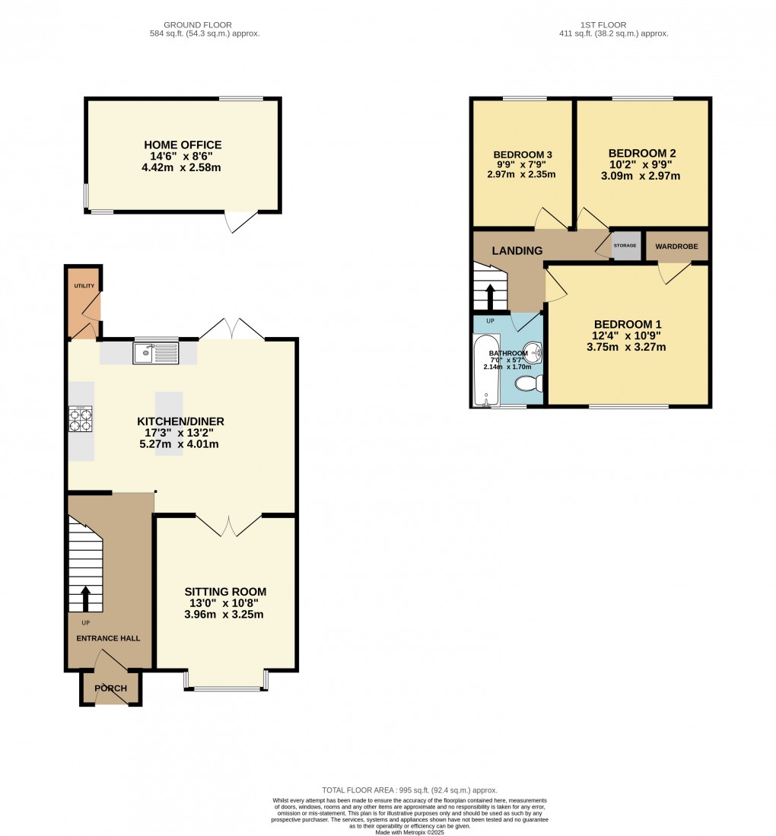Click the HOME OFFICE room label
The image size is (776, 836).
[x=183, y=145]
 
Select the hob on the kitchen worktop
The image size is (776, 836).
[x=81, y=419]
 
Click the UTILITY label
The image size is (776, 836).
[x=84, y=286]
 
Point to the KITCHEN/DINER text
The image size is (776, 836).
[x=180, y=421]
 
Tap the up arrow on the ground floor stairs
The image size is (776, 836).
[x=85, y=598]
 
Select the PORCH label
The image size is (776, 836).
[x=110, y=688]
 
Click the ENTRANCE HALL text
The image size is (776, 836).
[x=108, y=638]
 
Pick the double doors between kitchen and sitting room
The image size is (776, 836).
[x=229, y=524]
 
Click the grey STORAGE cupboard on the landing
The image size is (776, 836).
[x=625, y=246]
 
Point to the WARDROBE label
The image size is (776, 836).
[x=676, y=246]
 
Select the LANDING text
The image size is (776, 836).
[x=517, y=251]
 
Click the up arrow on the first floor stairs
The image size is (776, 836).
[x=489, y=296]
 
